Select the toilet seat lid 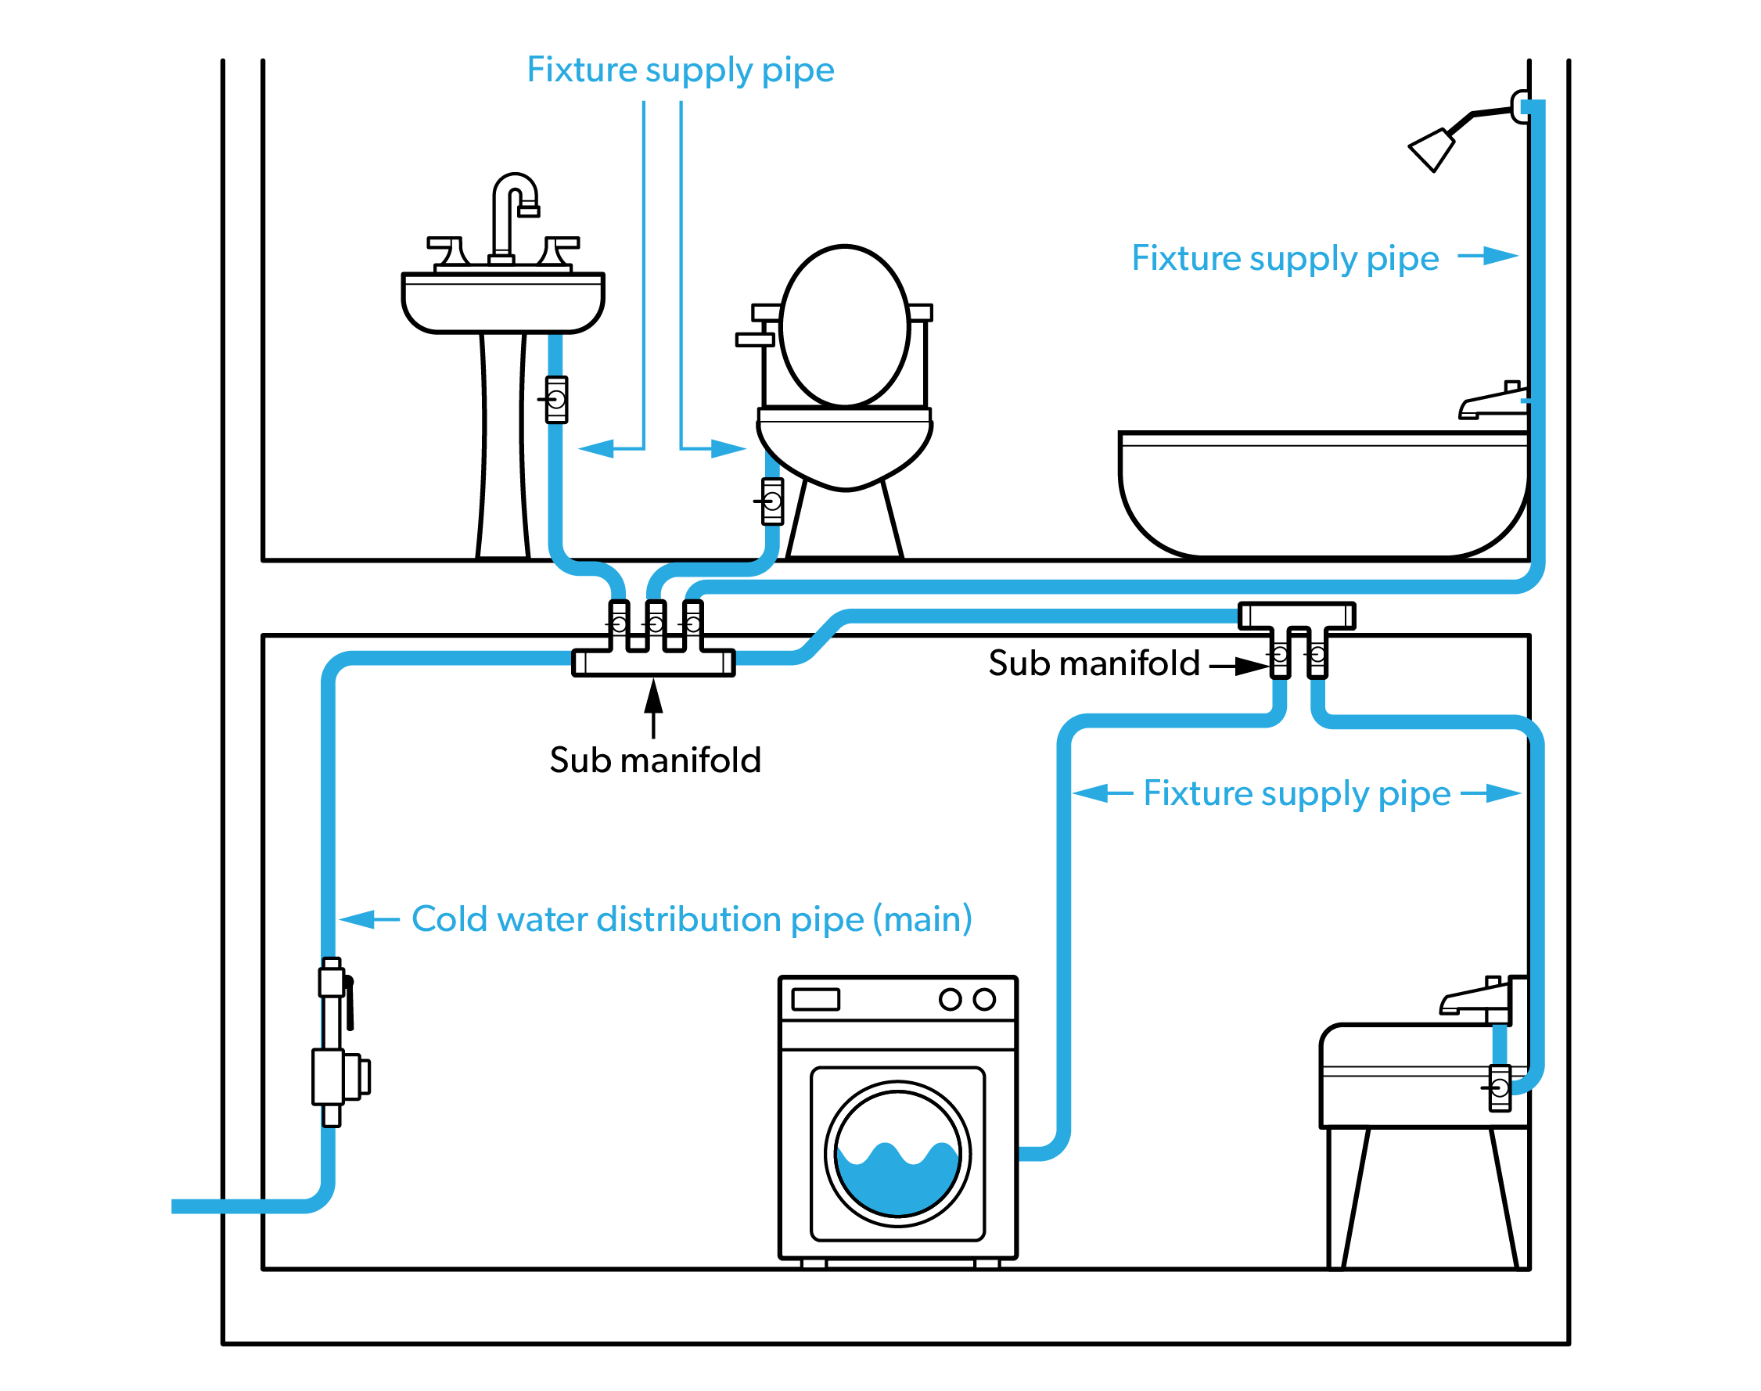(x=844, y=325)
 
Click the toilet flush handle (x=754, y=340)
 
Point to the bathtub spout (x=1490, y=404)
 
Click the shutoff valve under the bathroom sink (x=556, y=399)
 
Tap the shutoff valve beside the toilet (x=772, y=501)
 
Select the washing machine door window (x=897, y=1153)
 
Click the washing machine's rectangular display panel (x=815, y=999)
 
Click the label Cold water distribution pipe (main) (x=692, y=919)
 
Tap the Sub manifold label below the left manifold (x=655, y=760)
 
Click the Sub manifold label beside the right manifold (x=1094, y=663)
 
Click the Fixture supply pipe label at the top (x=680, y=70)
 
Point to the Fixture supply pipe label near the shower (x=1285, y=258)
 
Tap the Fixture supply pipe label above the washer (x=1296, y=793)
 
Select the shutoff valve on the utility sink (x=1499, y=1087)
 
